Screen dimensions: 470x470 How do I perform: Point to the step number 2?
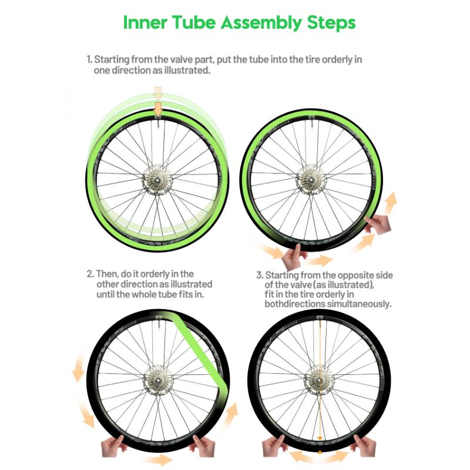90,274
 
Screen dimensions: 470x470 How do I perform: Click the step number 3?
260,275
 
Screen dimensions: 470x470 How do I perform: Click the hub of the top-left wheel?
157,180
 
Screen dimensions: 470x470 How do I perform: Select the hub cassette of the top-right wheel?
311,179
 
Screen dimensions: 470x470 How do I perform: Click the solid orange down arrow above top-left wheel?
157,109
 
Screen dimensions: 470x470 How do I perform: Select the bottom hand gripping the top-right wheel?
292,257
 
